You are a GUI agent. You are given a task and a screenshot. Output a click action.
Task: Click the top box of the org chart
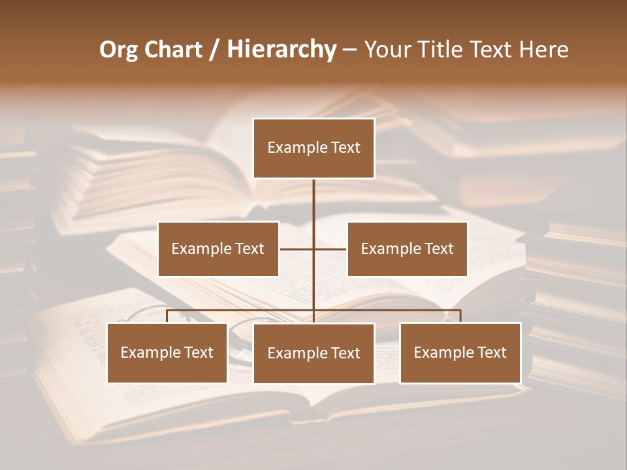313,148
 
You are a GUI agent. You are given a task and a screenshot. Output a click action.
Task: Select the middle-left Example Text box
218,249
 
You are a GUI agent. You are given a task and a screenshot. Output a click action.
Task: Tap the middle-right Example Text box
407,249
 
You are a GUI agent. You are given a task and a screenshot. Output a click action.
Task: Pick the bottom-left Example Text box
167,352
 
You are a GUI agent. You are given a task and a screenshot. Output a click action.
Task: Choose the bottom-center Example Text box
313,353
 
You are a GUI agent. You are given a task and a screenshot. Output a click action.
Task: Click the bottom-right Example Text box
460,352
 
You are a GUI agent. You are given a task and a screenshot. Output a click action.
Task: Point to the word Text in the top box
344,148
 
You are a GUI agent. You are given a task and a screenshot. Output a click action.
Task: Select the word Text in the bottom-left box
197,352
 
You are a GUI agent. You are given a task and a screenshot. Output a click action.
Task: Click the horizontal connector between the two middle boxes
297,249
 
